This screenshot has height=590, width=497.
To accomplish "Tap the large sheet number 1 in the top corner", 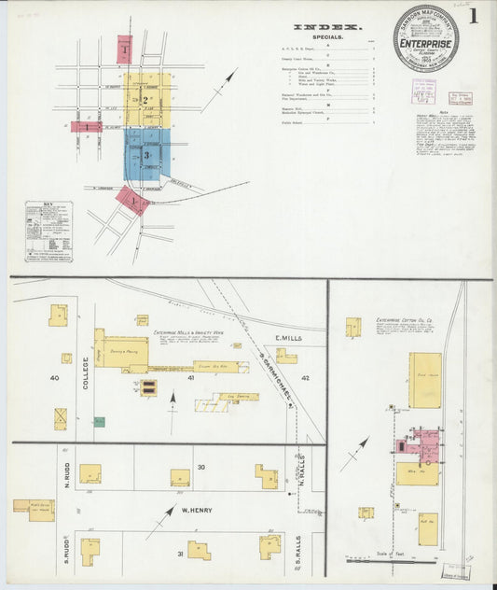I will point(475,16).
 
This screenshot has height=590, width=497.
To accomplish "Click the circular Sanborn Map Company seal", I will point(425,39).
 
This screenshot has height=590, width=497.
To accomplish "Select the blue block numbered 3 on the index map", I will point(147,154).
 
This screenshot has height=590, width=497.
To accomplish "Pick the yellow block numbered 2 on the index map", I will point(147,100).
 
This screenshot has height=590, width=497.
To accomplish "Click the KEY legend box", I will point(48,230).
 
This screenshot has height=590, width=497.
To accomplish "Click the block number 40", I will point(55,378).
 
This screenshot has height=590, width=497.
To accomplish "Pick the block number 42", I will point(305,378).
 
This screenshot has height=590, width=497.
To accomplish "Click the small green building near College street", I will point(100,422).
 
